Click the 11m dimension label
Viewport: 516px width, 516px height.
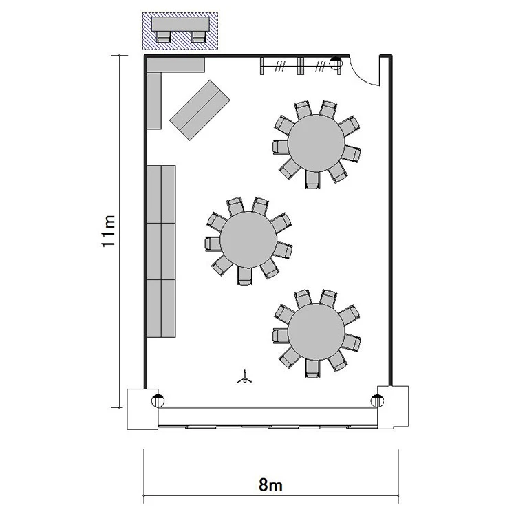tap(108, 231)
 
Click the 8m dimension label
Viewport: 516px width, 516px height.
tap(270, 485)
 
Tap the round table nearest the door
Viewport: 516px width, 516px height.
tap(316, 143)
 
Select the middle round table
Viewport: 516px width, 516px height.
tap(248, 239)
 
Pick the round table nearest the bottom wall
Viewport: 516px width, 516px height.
tap(316, 332)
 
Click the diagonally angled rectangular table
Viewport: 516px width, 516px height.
tap(200, 110)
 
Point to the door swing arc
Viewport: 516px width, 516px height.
tap(364, 74)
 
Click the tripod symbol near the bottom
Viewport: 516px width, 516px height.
tap(244, 378)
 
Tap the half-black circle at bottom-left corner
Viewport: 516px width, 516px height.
tap(158, 400)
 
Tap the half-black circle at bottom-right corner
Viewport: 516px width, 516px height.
tap(377, 400)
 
